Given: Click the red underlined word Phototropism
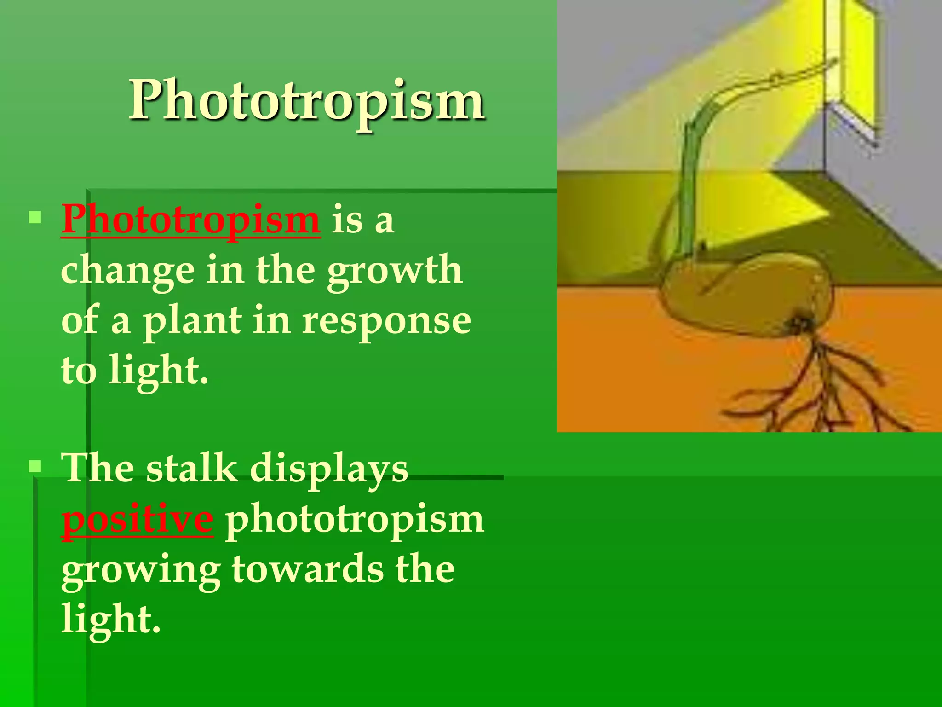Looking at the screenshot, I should click(x=190, y=220).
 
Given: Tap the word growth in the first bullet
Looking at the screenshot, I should click(x=395, y=271).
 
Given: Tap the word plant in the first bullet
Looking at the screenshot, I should click(x=192, y=321).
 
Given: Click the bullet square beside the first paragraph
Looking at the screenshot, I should click(x=35, y=217).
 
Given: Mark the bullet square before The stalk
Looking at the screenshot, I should click(x=35, y=466).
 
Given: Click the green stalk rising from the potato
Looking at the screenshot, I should click(x=690, y=184).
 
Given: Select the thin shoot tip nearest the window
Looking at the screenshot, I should click(x=828, y=64).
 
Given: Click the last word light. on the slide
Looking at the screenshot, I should click(x=110, y=620).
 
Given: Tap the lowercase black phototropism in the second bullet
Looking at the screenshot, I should click(x=354, y=520).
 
